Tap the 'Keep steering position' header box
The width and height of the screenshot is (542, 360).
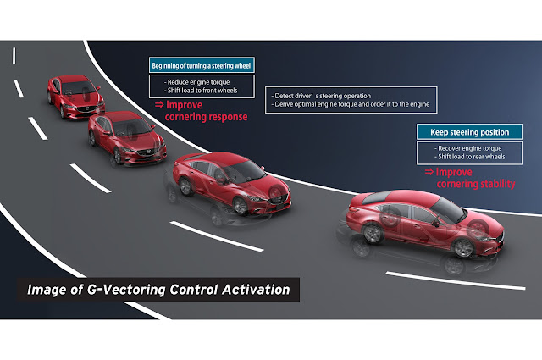468,132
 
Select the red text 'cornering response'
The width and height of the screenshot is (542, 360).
207,117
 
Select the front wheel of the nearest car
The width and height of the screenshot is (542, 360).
463,247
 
